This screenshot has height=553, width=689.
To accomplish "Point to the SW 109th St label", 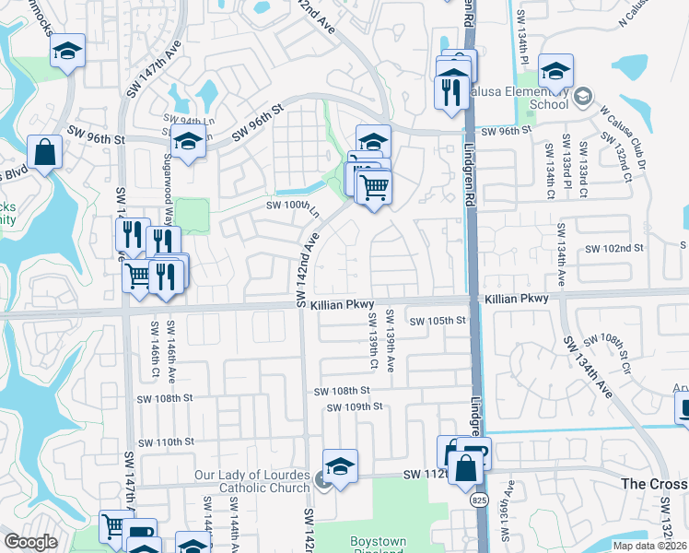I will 354,406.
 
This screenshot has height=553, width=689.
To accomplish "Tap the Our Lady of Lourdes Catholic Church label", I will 251,482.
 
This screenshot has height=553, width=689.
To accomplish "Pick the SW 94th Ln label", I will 182,120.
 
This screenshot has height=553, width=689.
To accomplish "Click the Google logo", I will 30,542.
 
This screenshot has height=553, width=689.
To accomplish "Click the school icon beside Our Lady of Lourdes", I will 340,466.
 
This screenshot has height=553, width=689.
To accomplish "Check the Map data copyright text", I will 648,546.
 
